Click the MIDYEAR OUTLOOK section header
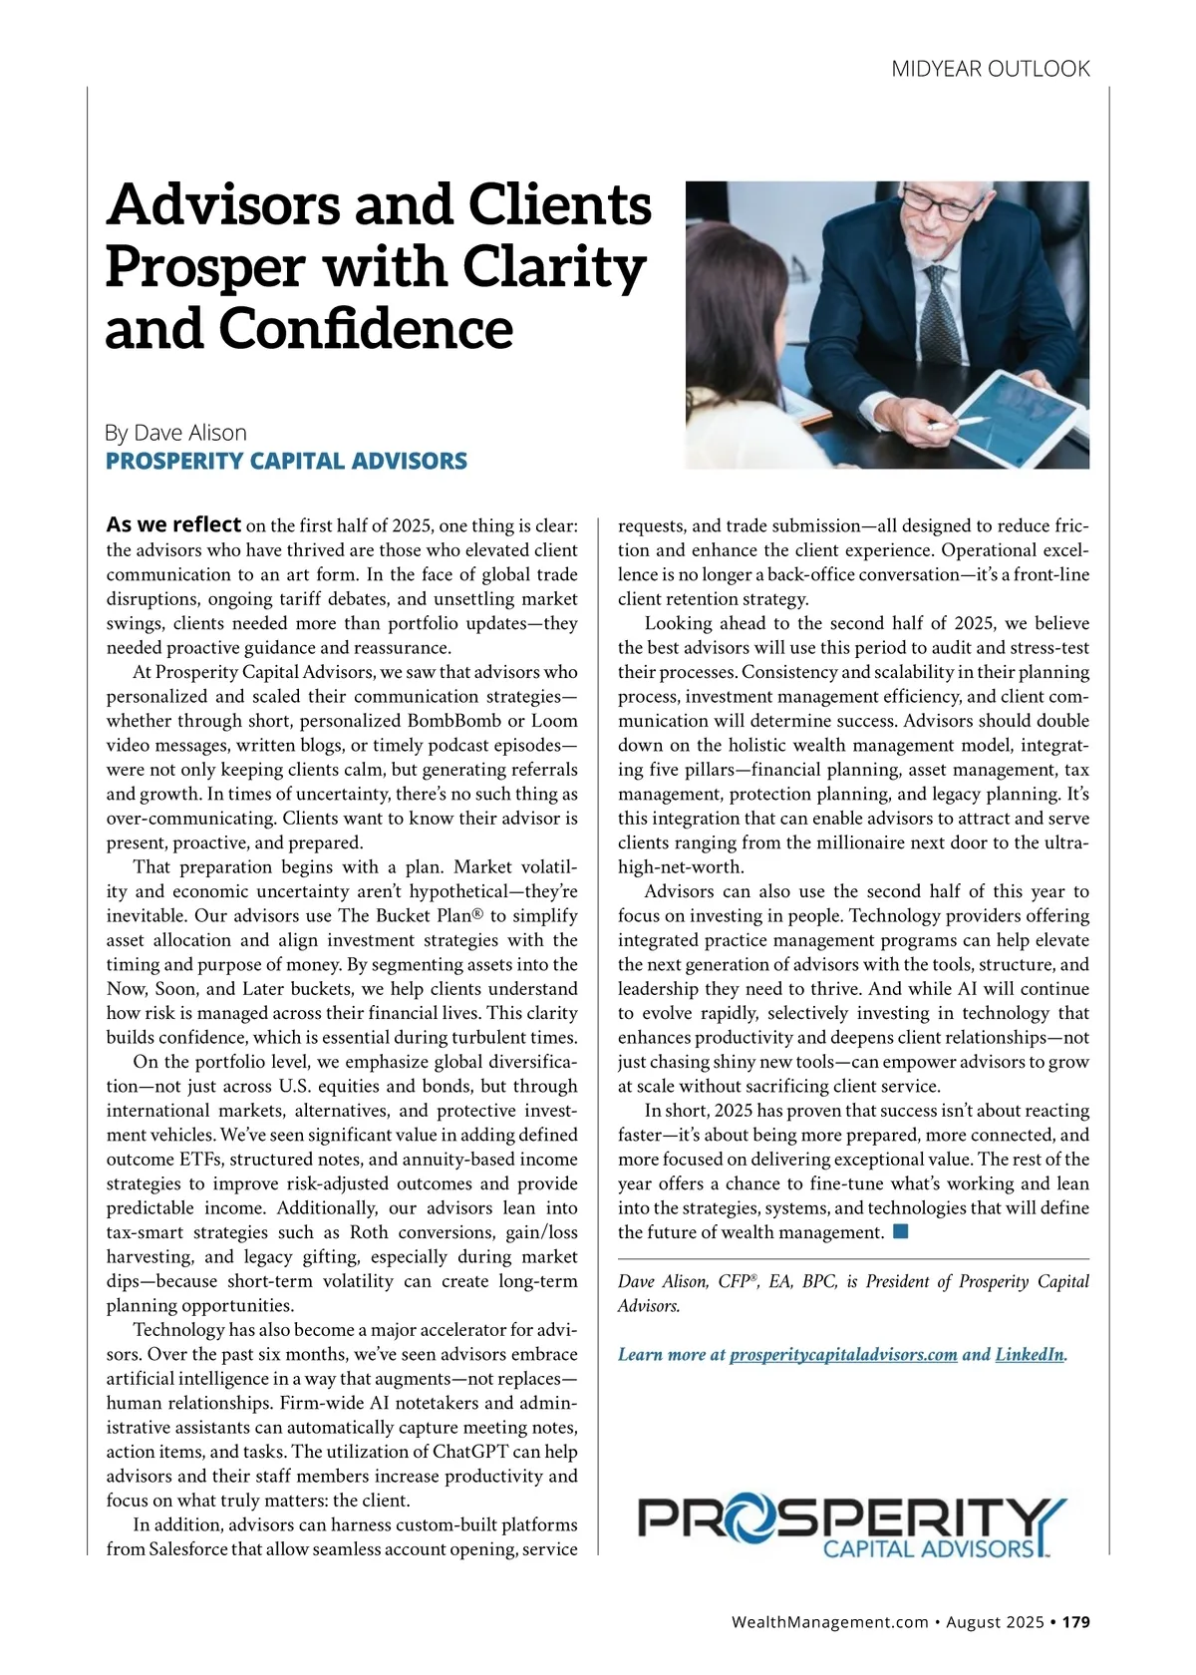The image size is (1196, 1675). pos(990,69)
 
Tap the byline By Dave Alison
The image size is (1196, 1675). pos(175,433)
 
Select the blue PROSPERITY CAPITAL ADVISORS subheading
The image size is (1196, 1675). pos(286,461)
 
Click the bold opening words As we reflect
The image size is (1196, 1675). pos(173,524)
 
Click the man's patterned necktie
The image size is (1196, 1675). pos(938,309)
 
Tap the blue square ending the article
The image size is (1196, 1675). pos(901,1231)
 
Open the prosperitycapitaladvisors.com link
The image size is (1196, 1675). pos(843,1355)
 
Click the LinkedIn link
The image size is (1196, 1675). pos(1030,1355)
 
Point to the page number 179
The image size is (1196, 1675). pos(1075,1622)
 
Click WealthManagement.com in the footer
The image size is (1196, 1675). pos(829,1622)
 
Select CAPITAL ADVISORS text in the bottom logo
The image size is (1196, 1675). pos(928,1548)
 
